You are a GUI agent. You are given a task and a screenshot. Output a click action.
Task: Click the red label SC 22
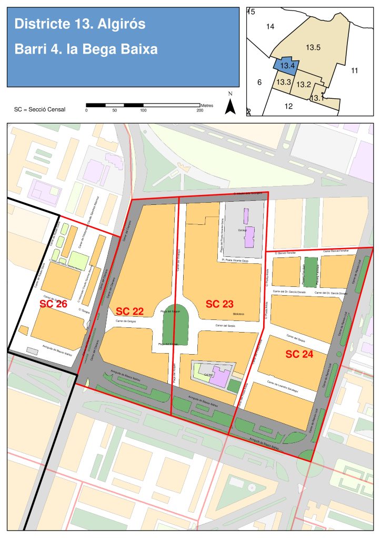tap(129, 312)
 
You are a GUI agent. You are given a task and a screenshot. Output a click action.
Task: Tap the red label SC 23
tap(219, 304)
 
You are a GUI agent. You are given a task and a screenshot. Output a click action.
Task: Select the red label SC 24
tap(299, 354)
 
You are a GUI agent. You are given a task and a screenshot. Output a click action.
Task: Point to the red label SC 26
tap(54, 304)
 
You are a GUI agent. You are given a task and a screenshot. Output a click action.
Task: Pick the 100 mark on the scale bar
tap(143, 110)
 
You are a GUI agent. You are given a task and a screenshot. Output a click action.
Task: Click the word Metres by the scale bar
tap(206, 105)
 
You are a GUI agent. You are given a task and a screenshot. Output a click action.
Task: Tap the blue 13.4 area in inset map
tap(286, 66)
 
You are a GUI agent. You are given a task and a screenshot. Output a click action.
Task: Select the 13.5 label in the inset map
tap(313, 48)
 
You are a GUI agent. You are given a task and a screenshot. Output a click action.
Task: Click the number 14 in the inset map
tap(270, 26)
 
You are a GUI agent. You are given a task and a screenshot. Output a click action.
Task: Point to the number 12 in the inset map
tap(288, 106)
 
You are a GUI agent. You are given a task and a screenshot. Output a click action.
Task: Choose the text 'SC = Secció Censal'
tap(39, 110)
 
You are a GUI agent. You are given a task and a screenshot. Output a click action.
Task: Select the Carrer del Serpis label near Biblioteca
tap(225, 326)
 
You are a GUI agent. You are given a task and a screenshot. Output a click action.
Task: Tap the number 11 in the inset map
tap(354, 70)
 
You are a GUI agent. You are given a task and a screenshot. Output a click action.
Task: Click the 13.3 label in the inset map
tap(284, 82)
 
